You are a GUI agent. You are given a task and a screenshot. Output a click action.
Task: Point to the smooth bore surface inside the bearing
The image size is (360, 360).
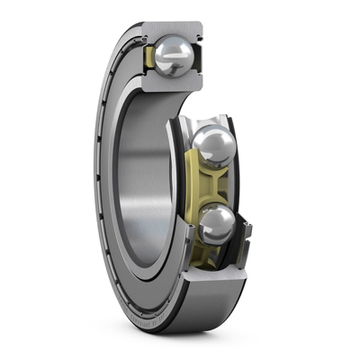[144, 180]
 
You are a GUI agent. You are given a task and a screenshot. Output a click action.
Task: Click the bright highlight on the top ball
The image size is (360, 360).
[166, 52]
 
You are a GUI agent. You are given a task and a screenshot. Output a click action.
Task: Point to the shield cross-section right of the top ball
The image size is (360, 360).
[200, 58]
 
